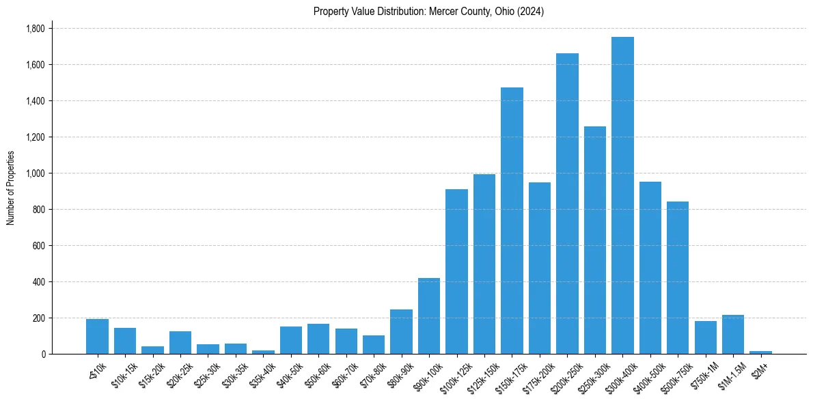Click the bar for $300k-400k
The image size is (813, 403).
(622, 195)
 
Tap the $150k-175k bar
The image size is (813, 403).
(512, 221)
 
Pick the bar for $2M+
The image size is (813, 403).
(760, 352)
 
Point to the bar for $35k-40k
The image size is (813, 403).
(263, 352)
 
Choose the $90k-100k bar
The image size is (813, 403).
(429, 316)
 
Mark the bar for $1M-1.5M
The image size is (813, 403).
(733, 335)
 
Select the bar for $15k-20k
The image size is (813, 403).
(152, 350)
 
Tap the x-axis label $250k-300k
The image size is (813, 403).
(590, 373)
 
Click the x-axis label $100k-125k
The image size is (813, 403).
(452, 373)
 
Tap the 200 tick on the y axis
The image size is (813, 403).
(39, 318)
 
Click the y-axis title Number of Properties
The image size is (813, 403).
(10, 187)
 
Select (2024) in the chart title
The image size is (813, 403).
(531, 12)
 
